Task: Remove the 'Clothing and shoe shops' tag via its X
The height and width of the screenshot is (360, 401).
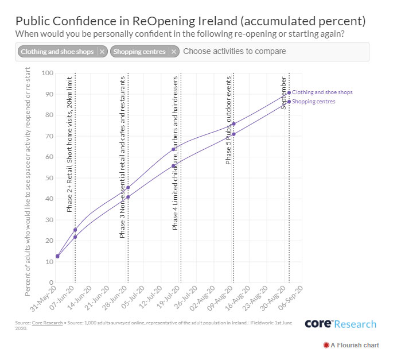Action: [102, 52]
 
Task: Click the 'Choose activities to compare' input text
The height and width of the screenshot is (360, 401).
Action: [235, 52]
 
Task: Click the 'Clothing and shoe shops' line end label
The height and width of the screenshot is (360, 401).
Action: [322, 92]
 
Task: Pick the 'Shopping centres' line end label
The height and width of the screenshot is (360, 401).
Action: [314, 102]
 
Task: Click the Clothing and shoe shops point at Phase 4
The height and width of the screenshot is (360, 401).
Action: [173, 149]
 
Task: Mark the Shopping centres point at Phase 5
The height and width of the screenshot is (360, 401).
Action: [233, 134]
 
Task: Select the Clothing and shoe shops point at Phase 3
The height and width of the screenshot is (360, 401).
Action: [128, 187]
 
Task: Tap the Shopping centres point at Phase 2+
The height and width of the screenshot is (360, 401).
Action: [75, 237]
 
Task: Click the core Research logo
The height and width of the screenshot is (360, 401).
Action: [340, 324]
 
